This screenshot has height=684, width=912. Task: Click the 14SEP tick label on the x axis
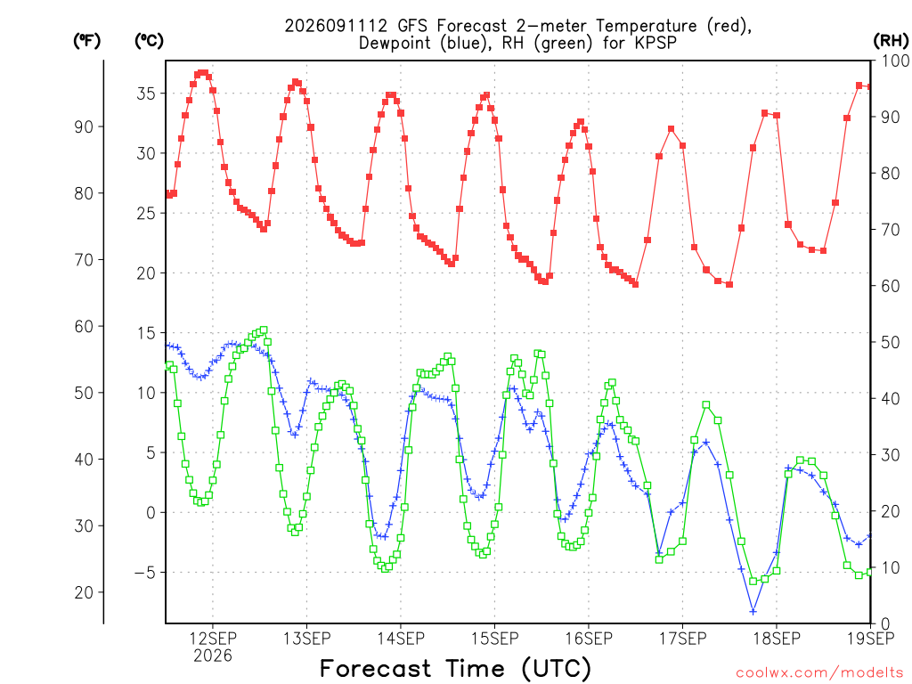(x=401, y=639)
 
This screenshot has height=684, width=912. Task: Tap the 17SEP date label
(x=683, y=639)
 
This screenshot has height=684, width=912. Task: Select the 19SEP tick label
(x=871, y=639)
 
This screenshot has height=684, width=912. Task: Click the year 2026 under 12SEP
(x=213, y=656)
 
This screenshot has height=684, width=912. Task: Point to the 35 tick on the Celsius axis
(x=146, y=94)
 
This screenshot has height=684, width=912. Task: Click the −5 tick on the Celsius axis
(x=145, y=573)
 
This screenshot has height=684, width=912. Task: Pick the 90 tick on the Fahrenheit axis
(x=84, y=126)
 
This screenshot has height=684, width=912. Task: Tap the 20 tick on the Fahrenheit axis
(x=84, y=592)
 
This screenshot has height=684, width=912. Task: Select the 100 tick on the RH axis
(x=895, y=61)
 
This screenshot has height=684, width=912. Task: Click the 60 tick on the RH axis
(x=891, y=286)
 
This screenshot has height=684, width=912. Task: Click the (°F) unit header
(x=86, y=41)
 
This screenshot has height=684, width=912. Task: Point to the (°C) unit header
(x=149, y=41)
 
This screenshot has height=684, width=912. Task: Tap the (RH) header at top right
(x=891, y=41)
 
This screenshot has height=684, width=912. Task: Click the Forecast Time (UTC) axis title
(x=455, y=669)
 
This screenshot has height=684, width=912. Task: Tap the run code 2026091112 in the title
(x=336, y=26)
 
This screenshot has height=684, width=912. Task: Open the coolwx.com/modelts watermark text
(x=819, y=673)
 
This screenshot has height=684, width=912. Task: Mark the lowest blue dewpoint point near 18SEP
(x=753, y=611)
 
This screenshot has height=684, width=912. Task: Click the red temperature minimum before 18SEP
(x=729, y=284)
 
